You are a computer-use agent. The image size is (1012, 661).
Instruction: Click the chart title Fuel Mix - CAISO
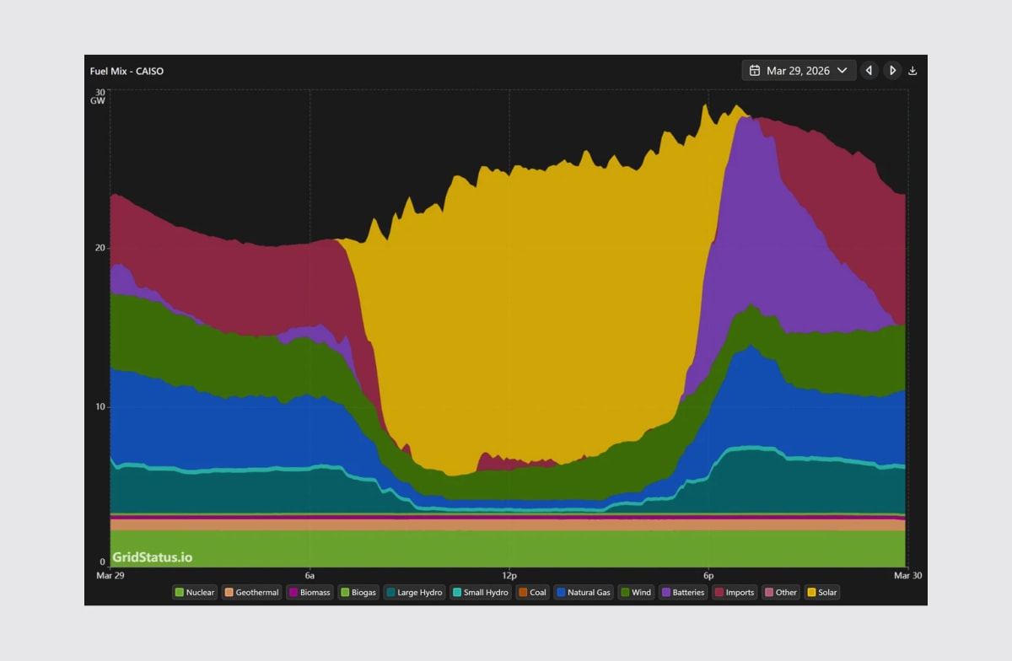click(x=126, y=71)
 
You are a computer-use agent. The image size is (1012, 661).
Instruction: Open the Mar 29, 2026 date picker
click(x=799, y=71)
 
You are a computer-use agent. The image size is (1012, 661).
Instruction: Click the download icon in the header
click(x=912, y=71)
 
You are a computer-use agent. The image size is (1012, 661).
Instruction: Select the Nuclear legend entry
click(x=194, y=593)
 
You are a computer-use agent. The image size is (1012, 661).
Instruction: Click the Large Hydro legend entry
click(x=413, y=593)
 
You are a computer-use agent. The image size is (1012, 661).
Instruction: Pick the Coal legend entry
click(x=532, y=593)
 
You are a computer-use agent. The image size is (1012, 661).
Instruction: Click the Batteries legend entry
click(x=682, y=593)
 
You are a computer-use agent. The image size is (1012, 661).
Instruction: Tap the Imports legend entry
click(x=734, y=593)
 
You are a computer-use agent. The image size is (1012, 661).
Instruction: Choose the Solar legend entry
click(x=822, y=593)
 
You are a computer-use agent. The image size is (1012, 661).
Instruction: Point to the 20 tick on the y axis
click(x=100, y=248)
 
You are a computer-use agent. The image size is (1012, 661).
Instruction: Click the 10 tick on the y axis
click(x=100, y=407)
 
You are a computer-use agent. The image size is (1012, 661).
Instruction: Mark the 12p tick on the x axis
click(x=509, y=574)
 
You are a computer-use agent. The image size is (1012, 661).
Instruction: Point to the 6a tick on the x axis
click(x=310, y=574)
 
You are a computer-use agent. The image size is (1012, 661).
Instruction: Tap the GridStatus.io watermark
click(x=152, y=557)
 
